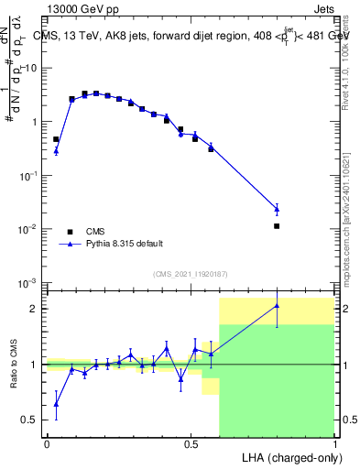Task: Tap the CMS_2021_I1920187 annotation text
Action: [189, 274]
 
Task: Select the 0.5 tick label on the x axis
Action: [191, 442]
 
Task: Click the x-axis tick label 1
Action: [334, 442]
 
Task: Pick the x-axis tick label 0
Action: [47, 442]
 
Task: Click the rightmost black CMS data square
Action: [277, 225]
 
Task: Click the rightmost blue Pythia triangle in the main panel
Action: [277, 209]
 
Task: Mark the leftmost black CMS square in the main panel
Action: [56, 139]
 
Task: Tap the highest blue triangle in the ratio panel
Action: [277, 306]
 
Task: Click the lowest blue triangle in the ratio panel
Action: [56, 403]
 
